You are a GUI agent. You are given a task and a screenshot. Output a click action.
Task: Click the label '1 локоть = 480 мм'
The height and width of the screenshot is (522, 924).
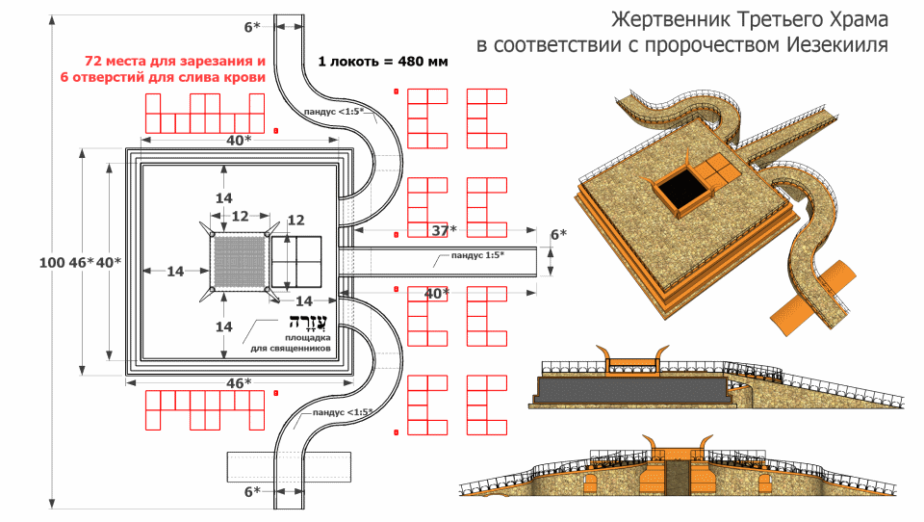click(383, 62)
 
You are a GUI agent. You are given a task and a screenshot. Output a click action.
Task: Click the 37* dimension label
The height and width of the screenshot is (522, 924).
click(444, 230)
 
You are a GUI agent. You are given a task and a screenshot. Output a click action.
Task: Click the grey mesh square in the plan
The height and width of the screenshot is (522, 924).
click(239, 260)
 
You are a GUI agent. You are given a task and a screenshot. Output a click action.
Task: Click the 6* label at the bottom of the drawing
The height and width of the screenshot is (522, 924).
click(252, 491)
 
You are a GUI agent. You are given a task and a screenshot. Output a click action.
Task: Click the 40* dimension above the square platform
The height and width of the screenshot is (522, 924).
click(239, 141)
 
